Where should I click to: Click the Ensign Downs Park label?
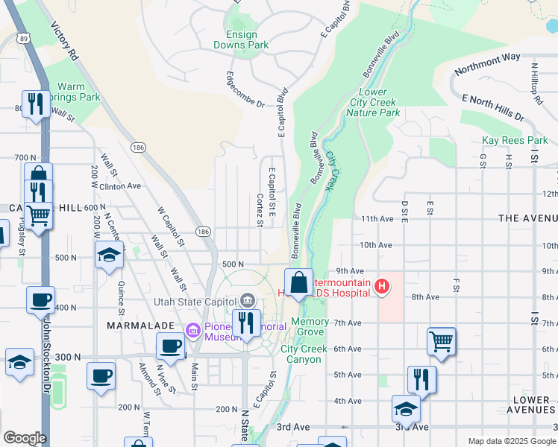(240, 39)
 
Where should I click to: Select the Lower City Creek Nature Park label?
(373, 102)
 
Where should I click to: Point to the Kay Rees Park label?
(515, 140)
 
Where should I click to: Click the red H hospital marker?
(382, 285)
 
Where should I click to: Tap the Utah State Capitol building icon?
(248, 301)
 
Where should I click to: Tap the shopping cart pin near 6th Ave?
(441, 341)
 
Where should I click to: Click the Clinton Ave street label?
(119, 186)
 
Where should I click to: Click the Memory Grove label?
(310, 326)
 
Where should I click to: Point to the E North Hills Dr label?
(493, 108)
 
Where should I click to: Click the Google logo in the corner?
(25, 438)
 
